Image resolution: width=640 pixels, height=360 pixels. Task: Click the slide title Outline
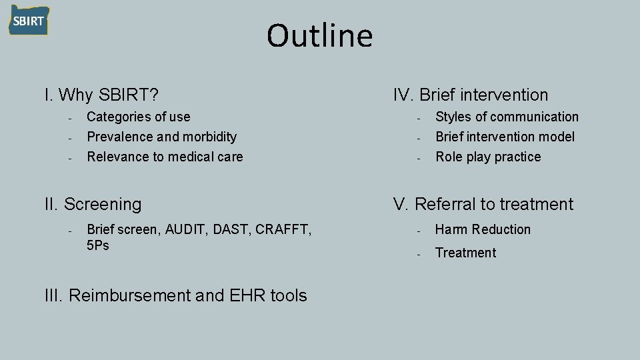click(319, 36)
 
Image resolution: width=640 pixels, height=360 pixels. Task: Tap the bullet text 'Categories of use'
click(139, 117)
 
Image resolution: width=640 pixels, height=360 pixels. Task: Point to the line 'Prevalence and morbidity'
click(162, 137)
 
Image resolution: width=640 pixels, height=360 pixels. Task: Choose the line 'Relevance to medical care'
click(165, 157)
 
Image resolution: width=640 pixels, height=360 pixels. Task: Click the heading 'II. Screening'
click(93, 204)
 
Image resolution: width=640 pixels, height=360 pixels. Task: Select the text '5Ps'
click(99, 245)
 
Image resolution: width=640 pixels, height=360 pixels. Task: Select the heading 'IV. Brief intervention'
click(471, 95)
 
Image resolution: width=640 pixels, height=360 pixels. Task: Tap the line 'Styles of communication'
click(507, 117)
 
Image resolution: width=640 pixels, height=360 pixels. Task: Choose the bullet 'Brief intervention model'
click(505, 137)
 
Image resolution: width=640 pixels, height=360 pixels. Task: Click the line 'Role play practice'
click(488, 157)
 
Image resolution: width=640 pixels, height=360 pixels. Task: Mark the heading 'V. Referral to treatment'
click(483, 204)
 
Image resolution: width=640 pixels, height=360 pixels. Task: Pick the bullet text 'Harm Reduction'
click(483, 229)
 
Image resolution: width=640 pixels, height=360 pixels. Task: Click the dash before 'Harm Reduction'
click(417, 231)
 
